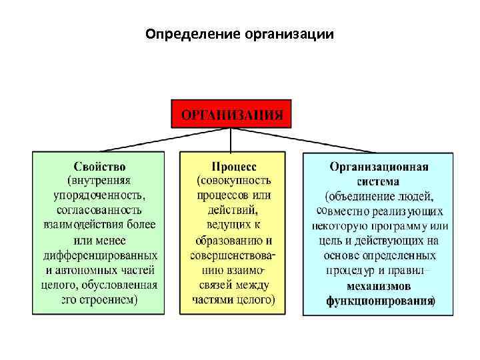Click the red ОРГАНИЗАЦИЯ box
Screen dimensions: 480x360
(x=231, y=114)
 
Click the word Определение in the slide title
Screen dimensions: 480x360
(x=182, y=33)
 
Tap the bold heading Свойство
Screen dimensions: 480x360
(x=99, y=166)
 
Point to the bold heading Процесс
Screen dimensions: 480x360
(x=233, y=166)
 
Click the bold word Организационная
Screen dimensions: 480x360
(x=379, y=166)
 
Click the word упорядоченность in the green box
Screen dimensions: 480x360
(x=99, y=196)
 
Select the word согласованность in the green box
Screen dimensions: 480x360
(x=99, y=210)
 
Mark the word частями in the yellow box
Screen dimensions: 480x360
(x=213, y=300)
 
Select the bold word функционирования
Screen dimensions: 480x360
(x=379, y=301)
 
